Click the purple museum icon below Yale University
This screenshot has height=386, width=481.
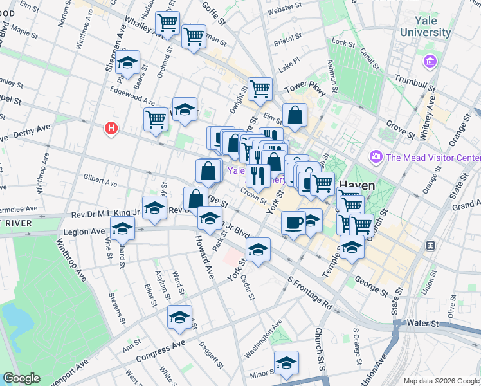(x=430, y=62)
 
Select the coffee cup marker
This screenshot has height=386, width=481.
(x=293, y=223)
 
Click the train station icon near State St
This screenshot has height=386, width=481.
(x=430, y=246)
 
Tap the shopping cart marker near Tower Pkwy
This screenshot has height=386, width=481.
(x=260, y=89)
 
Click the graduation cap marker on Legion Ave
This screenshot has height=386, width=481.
(x=122, y=228)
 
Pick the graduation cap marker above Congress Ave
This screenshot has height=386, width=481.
(x=179, y=316)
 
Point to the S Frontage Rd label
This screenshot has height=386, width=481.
(x=310, y=293)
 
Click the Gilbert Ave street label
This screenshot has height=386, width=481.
(x=100, y=179)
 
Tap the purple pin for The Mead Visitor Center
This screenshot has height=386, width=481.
(x=376, y=157)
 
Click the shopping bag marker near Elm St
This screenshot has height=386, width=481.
(x=295, y=116)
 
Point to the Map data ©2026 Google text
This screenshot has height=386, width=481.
(x=440, y=380)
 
